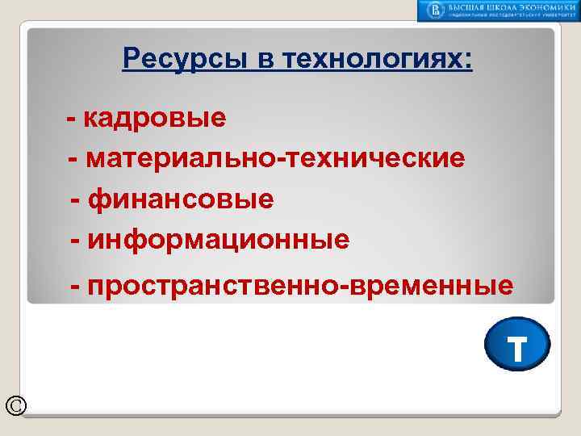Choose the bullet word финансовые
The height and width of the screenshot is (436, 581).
(x=182, y=199)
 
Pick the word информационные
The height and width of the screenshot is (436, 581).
(x=219, y=239)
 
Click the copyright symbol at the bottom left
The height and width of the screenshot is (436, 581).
(x=15, y=405)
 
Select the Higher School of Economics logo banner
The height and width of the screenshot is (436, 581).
(x=497, y=10)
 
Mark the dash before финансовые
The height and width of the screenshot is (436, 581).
(x=77, y=199)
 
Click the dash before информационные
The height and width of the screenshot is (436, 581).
(x=77, y=239)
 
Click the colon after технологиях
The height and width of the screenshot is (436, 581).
(x=468, y=60)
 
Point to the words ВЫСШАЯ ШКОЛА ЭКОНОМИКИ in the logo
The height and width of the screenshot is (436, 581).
(x=508, y=6)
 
